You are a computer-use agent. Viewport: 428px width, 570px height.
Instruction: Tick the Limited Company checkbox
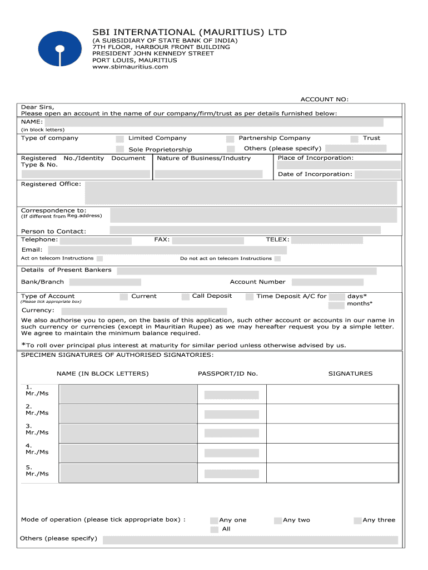coord(120,139)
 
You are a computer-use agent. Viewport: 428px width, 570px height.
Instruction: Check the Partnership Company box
coord(230,139)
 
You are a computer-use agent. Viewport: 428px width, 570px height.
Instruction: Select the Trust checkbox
coord(354,139)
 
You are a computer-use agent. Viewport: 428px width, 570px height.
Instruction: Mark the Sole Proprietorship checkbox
coord(120,149)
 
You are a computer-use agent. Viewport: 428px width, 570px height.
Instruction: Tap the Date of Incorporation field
coord(377,174)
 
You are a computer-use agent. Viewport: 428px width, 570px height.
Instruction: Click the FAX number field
coord(208,240)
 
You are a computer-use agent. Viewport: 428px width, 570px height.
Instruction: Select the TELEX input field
coord(327,240)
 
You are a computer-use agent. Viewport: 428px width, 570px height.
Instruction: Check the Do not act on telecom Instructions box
coord(277,259)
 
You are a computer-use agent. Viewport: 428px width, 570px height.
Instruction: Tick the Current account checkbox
coord(124,297)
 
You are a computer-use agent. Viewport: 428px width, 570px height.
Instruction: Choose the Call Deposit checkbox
coord(186,297)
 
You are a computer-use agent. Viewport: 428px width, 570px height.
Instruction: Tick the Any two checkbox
coord(278,520)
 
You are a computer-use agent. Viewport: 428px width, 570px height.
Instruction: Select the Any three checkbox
coord(357,520)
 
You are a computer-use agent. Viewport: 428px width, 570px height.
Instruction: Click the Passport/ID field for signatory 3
coord(231,434)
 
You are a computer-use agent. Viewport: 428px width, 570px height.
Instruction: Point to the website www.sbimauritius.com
coord(130,67)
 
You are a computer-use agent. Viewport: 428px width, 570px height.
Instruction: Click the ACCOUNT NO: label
coord(325,99)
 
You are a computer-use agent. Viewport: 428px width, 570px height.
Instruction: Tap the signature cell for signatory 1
coord(332,394)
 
